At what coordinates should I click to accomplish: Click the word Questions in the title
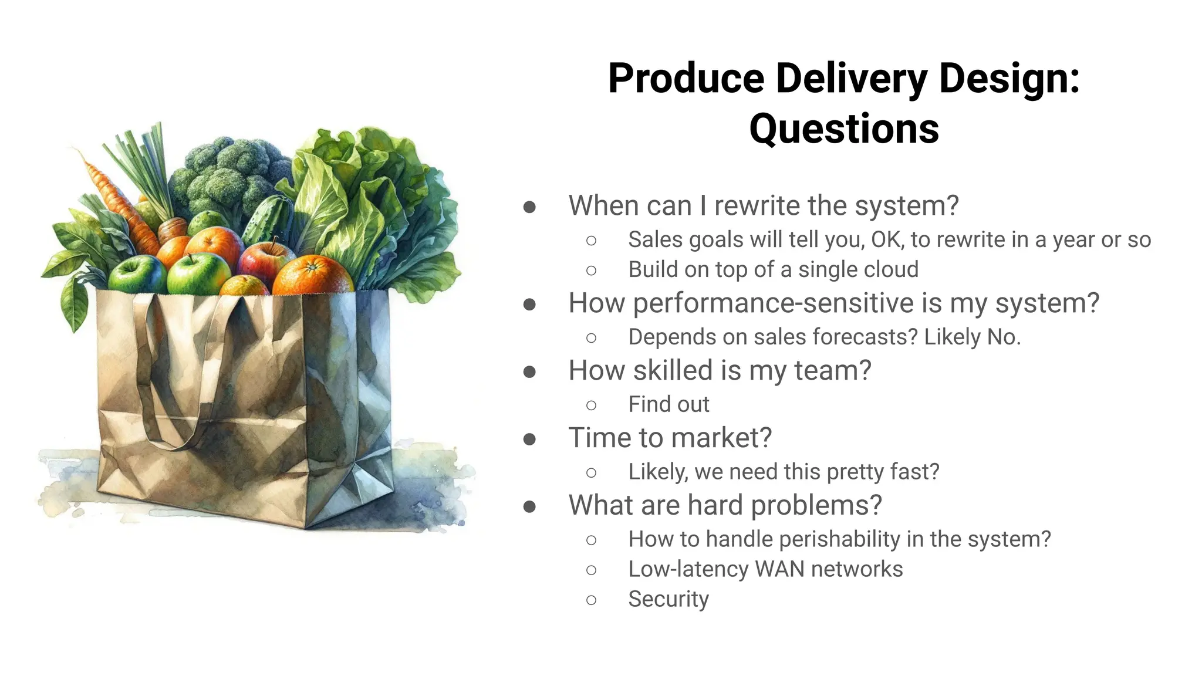(x=843, y=129)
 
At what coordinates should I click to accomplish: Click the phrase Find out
(x=668, y=404)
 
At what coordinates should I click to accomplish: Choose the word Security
(x=668, y=599)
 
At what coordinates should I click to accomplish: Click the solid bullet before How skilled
(x=529, y=371)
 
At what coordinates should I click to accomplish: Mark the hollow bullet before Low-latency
(x=592, y=570)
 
